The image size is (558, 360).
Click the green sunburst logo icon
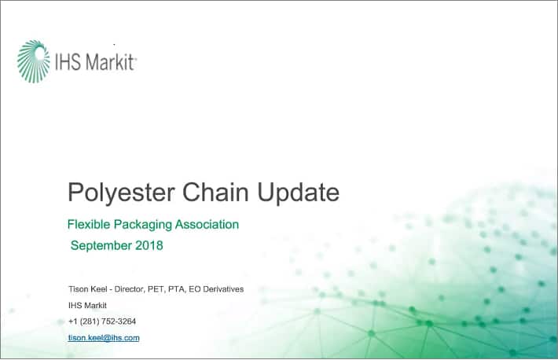pyautogui.click(x=34, y=61)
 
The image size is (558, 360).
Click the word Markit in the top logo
pyautogui.click(x=110, y=62)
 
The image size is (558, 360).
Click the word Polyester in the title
pyautogui.click(x=121, y=193)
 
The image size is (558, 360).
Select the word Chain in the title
pyautogui.click(x=215, y=193)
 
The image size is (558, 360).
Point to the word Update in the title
pyautogui.click(x=298, y=193)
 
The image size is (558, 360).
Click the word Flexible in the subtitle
pyautogui.click(x=89, y=224)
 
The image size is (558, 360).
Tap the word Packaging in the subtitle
pyautogui.click(x=142, y=225)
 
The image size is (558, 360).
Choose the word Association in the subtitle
pyautogui.click(x=207, y=224)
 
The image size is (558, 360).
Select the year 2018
pyautogui.click(x=149, y=245)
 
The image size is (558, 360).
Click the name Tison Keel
pyautogui.click(x=87, y=289)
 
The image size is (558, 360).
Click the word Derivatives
pyautogui.click(x=223, y=289)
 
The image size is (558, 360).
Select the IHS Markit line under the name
pyautogui.click(x=87, y=305)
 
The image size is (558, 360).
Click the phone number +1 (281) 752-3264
pyautogui.click(x=102, y=321)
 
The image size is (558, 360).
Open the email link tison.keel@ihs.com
pyautogui.click(x=104, y=337)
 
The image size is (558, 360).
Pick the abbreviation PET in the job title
pyautogui.click(x=156, y=289)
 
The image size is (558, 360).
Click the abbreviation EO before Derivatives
pyautogui.click(x=195, y=289)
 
